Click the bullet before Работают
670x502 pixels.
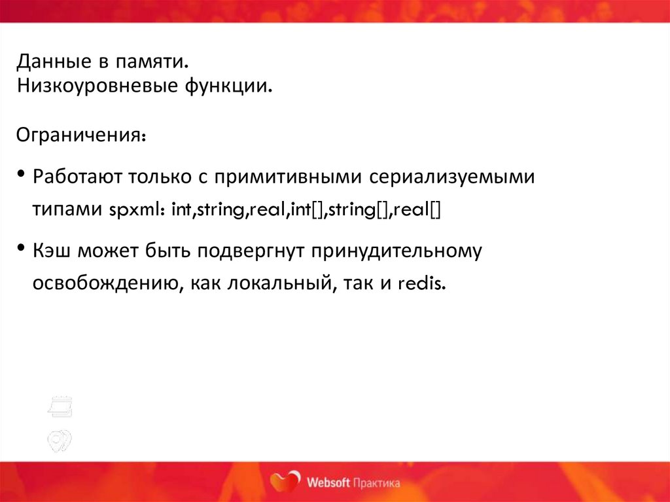(x=22, y=175)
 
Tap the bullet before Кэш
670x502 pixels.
(x=22, y=248)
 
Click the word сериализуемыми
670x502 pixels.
(x=451, y=177)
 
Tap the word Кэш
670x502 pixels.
(x=52, y=251)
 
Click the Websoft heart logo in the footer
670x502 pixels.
(x=285, y=481)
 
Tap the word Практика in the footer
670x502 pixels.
(x=376, y=483)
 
